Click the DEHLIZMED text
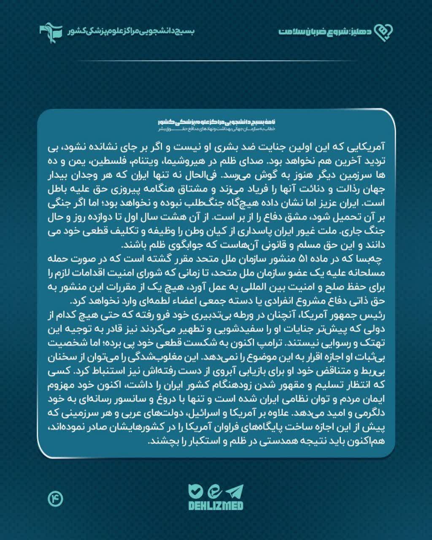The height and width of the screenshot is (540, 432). click(x=216, y=505)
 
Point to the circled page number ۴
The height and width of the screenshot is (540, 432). click(x=55, y=499)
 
